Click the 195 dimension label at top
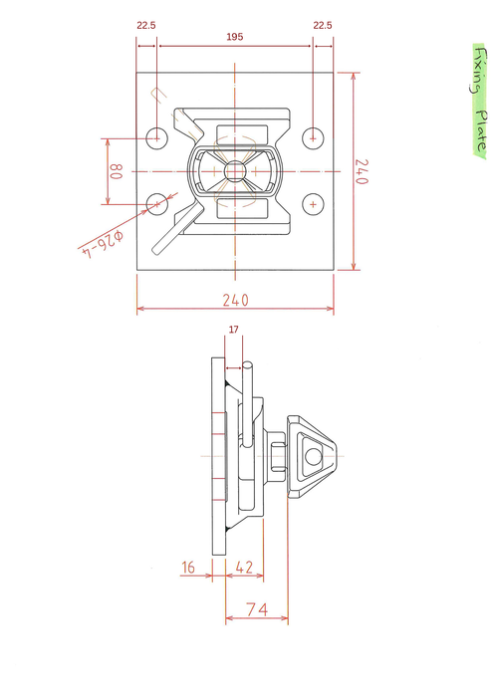(235, 37)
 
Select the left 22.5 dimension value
(146, 25)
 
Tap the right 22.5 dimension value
(323, 25)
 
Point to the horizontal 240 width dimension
(236, 301)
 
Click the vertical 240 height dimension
(361, 171)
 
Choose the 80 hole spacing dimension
(116, 171)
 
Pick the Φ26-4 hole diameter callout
(104, 244)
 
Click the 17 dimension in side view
(234, 330)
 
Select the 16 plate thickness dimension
(188, 568)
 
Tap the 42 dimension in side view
(244, 568)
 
